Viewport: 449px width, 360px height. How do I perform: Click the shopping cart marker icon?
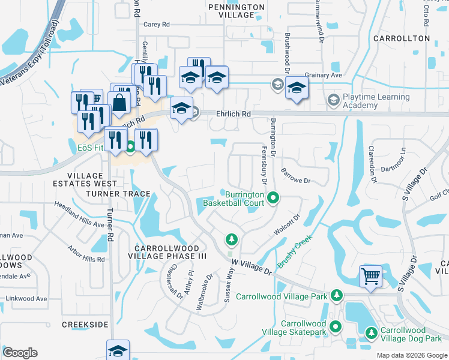tap(370, 277)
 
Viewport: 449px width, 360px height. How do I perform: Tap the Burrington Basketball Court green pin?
tap(273, 197)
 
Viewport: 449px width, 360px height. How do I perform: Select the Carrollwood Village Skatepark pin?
tap(336, 327)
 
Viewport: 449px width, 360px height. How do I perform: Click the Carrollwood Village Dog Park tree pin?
tap(372, 332)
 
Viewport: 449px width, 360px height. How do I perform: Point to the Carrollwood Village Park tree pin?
tap(337, 296)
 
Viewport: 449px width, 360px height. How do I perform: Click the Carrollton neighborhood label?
tap(402, 38)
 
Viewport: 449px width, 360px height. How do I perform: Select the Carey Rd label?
tap(157, 25)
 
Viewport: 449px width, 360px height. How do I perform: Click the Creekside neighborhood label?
tap(85, 324)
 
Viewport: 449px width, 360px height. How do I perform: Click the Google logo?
tap(20, 353)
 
